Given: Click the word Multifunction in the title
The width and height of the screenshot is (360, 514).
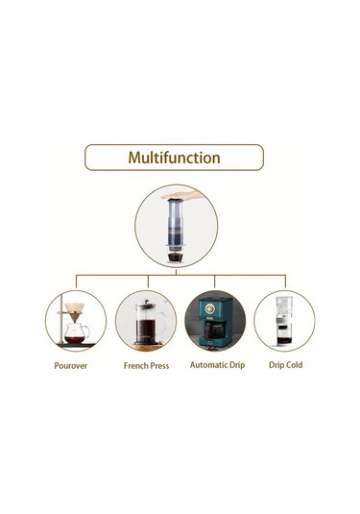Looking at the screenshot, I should [x=175, y=157].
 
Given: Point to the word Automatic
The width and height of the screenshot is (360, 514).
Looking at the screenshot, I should [x=205, y=365].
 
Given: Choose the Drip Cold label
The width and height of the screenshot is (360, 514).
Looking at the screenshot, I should [x=284, y=365].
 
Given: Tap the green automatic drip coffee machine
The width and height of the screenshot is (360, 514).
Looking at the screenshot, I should [x=213, y=322].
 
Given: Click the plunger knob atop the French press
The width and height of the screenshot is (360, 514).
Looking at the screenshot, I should [x=146, y=301].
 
